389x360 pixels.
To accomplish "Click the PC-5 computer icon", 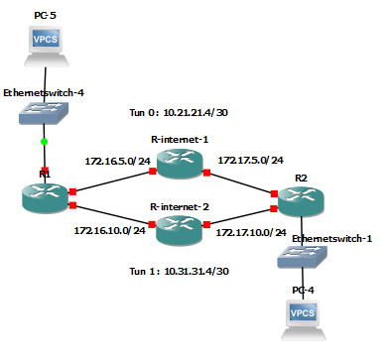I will [45, 42].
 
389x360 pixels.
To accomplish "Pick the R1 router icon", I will [44, 194].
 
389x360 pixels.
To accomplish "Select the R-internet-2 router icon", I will [180, 226].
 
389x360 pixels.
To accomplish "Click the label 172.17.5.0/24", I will [250, 159].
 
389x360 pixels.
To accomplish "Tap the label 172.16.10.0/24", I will [110, 230].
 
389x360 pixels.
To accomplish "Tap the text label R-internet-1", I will [180, 140].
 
